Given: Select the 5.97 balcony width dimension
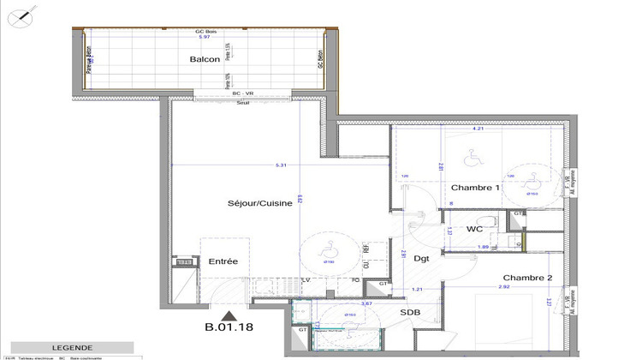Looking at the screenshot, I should tap(204, 38).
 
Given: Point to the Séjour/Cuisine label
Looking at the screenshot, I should tap(259, 204).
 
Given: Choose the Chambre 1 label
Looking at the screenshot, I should tap(475, 188).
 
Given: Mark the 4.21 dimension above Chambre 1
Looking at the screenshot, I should tap(479, 129).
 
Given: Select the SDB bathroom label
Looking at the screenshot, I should tap(409, 313).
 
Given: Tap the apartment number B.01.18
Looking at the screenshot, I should tap(228, 327).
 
